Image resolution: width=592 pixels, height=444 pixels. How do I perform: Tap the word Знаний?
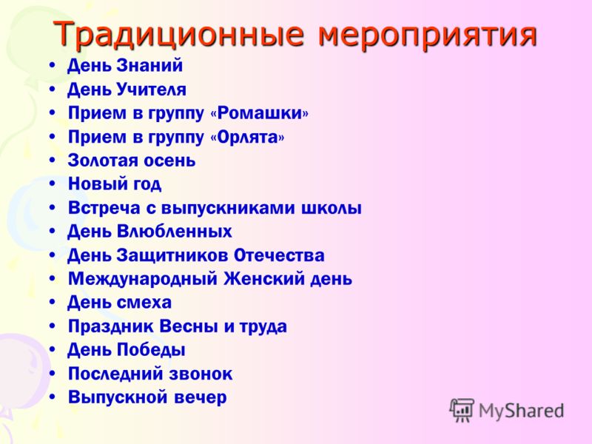[x=149, y=65]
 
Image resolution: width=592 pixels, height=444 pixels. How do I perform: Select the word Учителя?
[x=152, y=90]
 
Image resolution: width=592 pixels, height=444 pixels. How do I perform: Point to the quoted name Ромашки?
[x=260, y=113]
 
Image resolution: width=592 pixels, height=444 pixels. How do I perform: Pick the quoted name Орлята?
[x=248, y=137]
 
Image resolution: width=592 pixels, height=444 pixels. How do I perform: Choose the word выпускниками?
[x=228, y=209]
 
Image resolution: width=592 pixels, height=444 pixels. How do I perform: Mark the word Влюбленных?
[x=174, y=232]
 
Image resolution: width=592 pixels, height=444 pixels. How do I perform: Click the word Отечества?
[x=279, y=255]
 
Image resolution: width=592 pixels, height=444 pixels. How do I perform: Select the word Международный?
[x=143, y=280]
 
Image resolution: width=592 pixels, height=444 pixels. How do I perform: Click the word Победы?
[x=151, y=350]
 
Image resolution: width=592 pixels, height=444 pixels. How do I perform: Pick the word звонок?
[x=201, y=374]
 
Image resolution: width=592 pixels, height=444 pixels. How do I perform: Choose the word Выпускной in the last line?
[x=118, y=397]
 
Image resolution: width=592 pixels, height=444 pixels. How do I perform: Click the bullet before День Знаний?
[x=53, y=66]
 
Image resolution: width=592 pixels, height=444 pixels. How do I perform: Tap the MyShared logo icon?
[x=462, y=411]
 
